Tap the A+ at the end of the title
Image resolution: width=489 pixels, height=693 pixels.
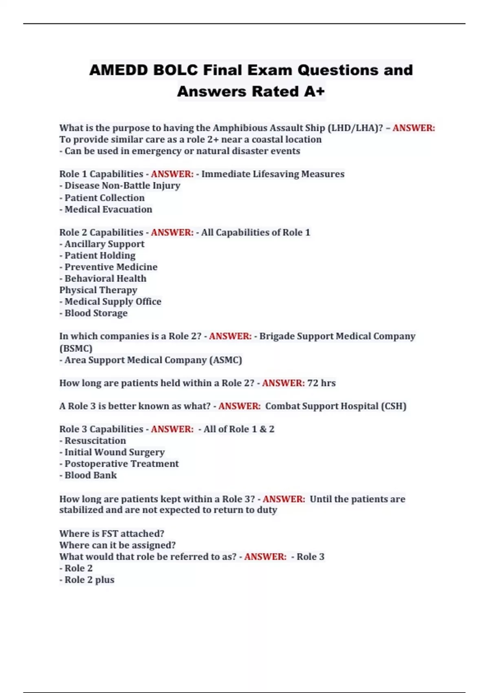314,92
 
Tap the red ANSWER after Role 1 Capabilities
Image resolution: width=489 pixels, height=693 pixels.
172,174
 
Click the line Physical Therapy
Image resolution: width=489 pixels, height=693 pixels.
98,290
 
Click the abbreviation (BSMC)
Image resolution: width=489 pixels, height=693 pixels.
76,349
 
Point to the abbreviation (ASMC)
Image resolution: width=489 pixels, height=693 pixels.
225,360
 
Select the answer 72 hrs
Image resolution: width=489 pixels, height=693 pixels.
321,383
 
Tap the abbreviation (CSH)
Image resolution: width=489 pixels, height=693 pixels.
393,406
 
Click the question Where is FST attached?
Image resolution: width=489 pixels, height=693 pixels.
112,534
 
